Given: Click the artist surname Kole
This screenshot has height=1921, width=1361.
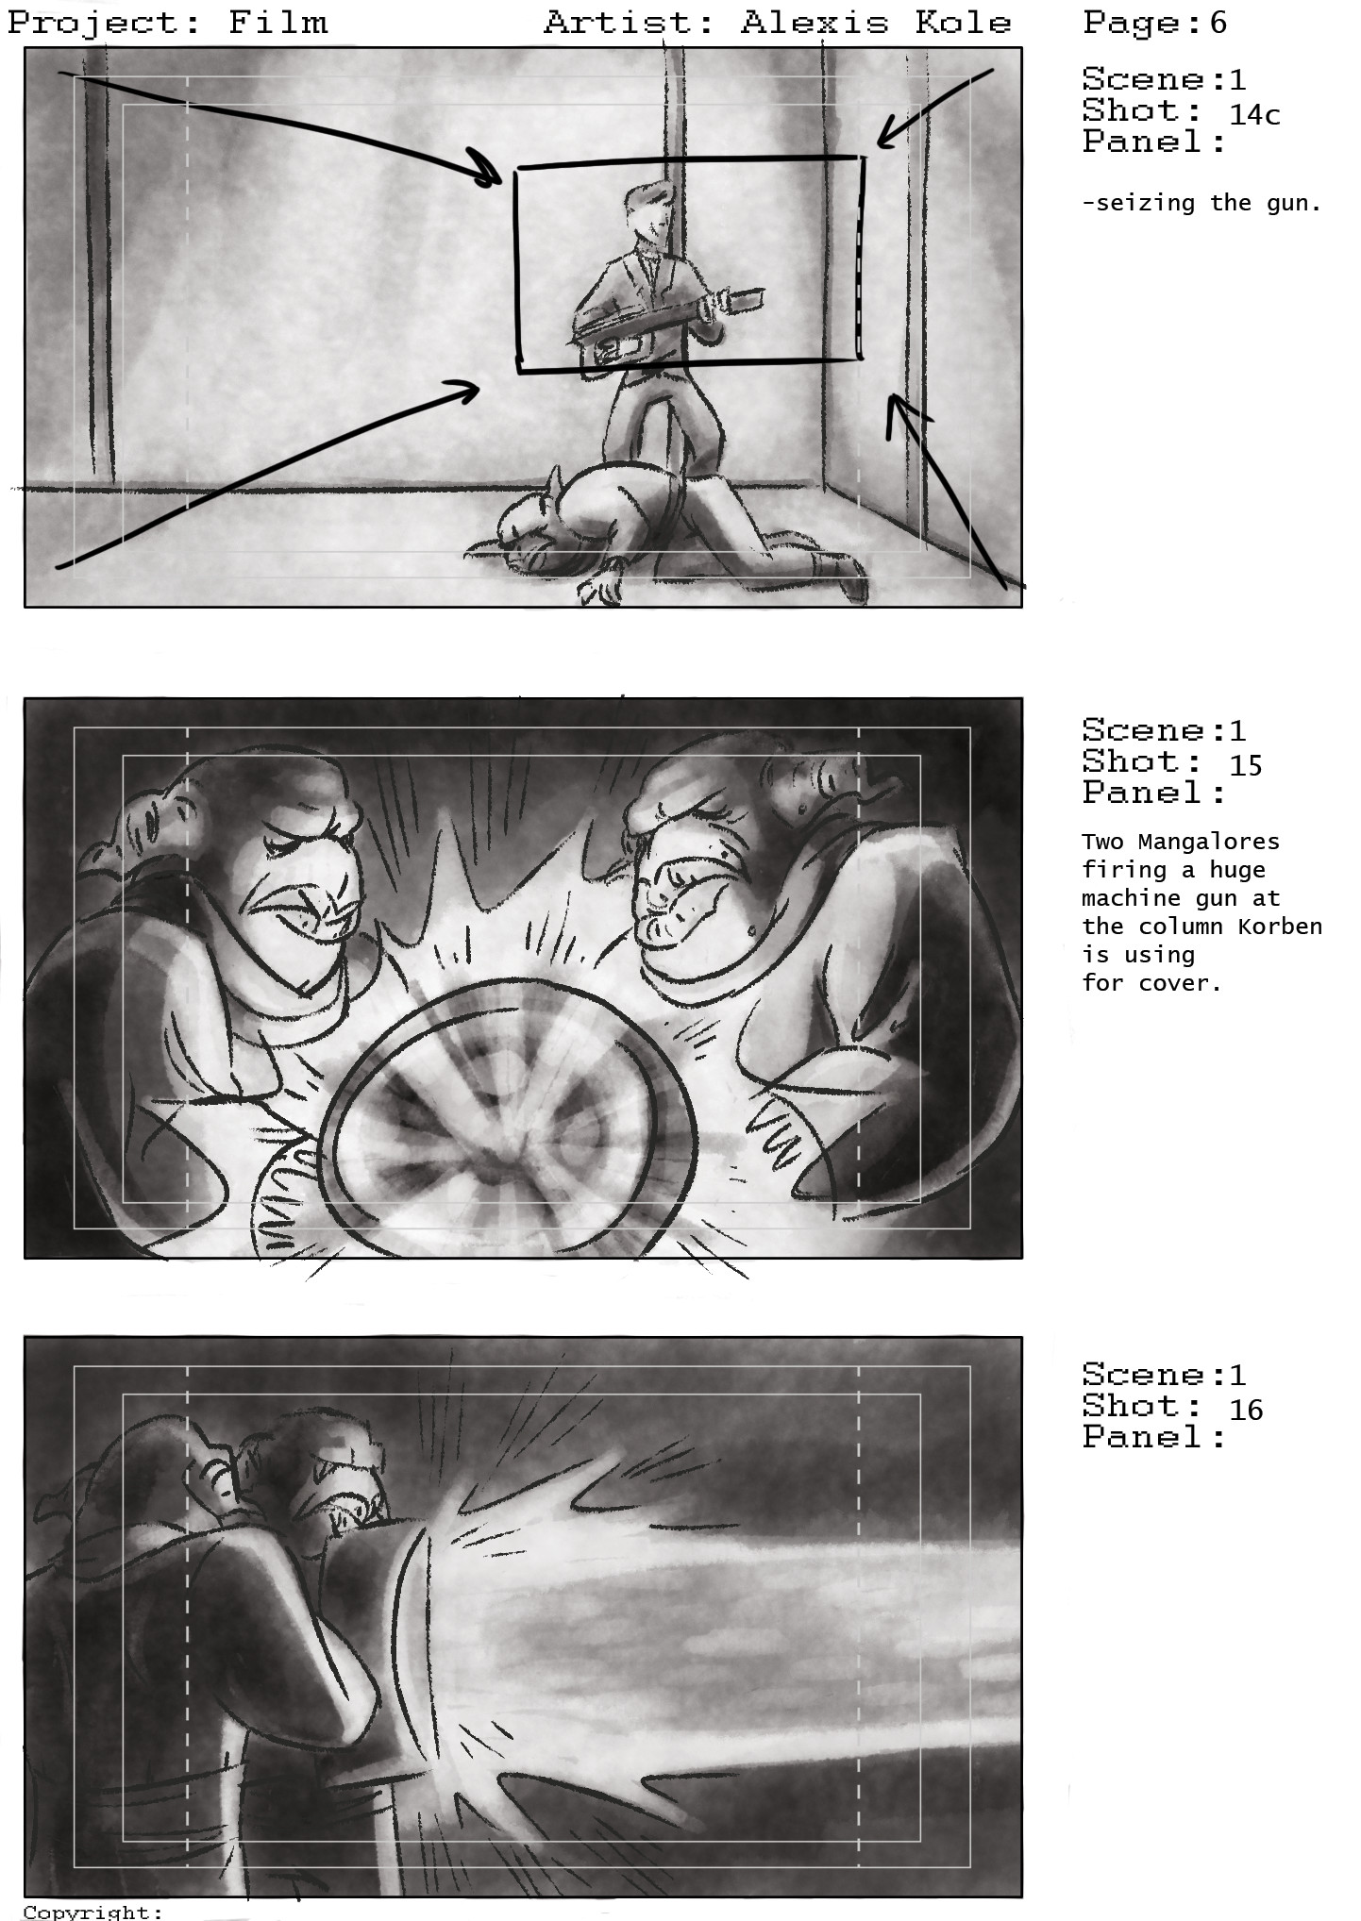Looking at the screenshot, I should [963, 23].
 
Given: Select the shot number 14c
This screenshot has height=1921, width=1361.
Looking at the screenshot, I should [1254, 115].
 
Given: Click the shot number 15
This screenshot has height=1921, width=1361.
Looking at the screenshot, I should [1246, 765].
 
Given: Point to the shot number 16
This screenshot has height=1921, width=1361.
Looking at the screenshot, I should [1246, 1410].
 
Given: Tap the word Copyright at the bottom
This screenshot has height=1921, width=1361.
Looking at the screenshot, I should [87, 1912].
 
